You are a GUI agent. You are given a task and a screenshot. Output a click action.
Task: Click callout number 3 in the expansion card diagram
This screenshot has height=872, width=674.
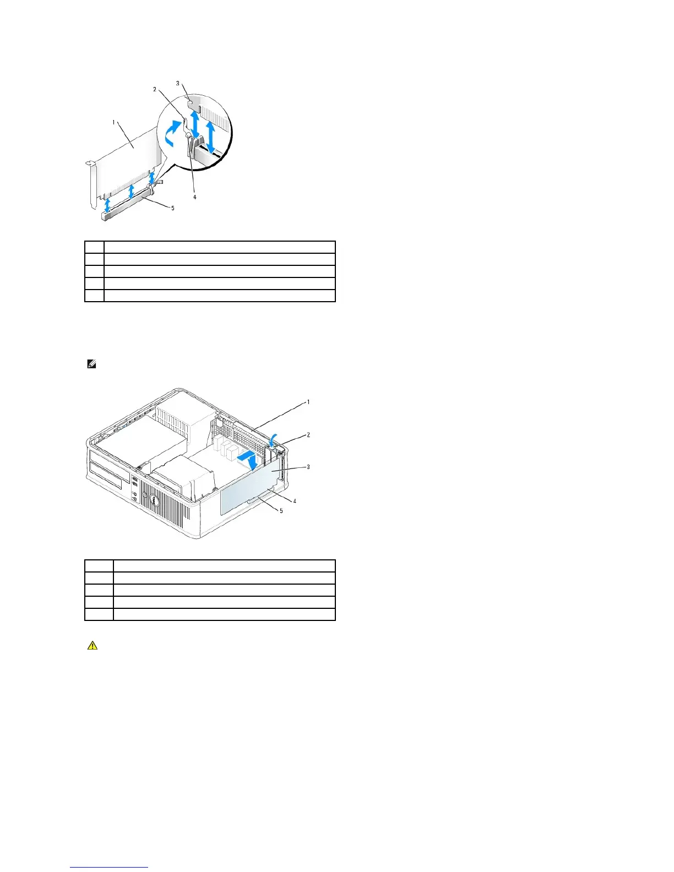point(177,83)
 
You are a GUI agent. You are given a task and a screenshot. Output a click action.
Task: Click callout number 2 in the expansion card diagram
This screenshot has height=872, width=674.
point(155,89)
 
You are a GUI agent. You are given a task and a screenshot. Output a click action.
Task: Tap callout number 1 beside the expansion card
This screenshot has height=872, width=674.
point(114,122)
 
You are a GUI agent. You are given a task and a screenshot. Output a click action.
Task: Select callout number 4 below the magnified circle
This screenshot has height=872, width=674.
point(194,197)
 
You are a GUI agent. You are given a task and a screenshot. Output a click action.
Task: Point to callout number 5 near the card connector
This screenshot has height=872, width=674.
point(172,208)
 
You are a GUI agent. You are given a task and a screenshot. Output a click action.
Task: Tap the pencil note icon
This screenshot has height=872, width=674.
point(91,364)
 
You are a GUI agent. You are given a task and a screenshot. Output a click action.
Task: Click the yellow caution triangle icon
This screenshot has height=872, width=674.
point(92,645)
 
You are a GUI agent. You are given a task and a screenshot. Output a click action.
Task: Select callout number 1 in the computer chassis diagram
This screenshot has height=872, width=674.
point(308,402)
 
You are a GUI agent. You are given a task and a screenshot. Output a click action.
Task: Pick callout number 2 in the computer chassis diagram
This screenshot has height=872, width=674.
point(308,434)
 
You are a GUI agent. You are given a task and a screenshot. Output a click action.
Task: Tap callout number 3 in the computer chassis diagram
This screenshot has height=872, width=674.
point(308,467)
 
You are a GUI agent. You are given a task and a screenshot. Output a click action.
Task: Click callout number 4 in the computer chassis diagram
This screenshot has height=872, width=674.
point(295,501)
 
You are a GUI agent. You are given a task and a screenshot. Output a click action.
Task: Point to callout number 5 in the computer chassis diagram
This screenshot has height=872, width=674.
point(281,511)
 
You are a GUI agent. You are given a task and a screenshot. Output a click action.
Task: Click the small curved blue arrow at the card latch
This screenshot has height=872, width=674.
point(274,439)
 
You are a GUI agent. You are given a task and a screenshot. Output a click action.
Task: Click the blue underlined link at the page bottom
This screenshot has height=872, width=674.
point(109,868)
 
